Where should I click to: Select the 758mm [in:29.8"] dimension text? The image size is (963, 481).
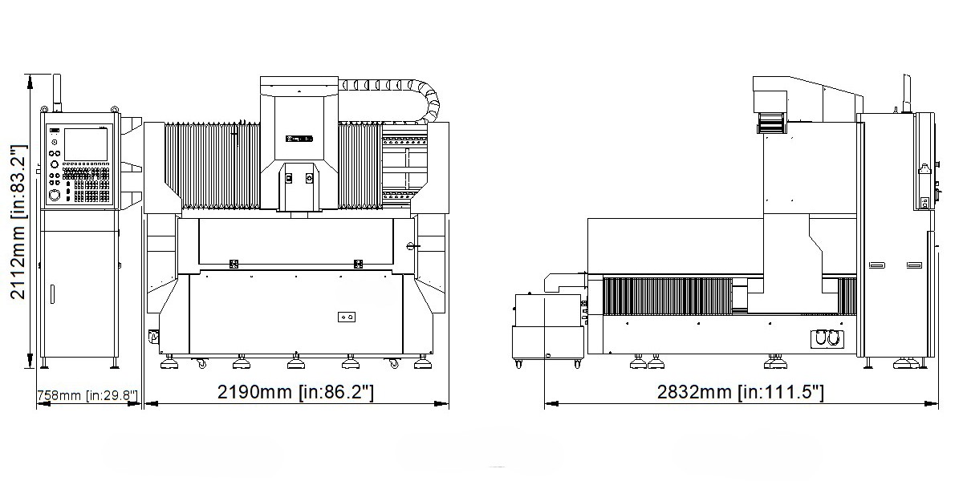[x=87, y=395]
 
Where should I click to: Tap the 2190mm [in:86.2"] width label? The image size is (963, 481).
[x=296, y=392]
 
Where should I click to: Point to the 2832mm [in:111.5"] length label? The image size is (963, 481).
[x=741, y=392]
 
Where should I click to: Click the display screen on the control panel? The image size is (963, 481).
[x=86, y=145]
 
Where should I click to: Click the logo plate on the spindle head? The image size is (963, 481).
[x=299, y=139]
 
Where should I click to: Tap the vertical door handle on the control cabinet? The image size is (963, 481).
[x=52, y=294]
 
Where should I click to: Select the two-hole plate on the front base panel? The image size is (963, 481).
[x=347, y=317]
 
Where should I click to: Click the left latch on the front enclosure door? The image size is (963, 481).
[x=234, y=264]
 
